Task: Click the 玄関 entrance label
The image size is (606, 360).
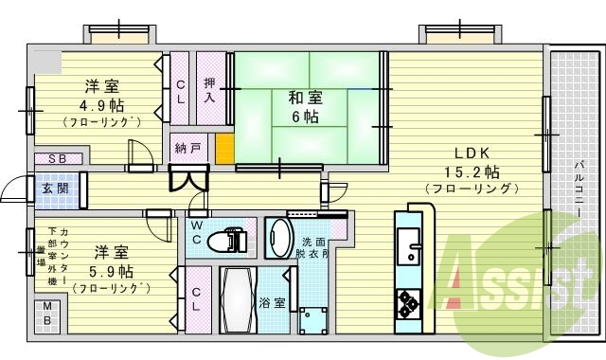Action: click(x=52, y=188)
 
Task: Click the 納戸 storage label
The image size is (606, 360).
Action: click(x=187, y=149)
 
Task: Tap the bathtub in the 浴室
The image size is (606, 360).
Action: click(x=237, y=301)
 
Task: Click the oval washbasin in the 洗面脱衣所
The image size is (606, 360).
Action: click(x=277, y=239)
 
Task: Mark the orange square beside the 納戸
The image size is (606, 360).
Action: click(x=224, y=149)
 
